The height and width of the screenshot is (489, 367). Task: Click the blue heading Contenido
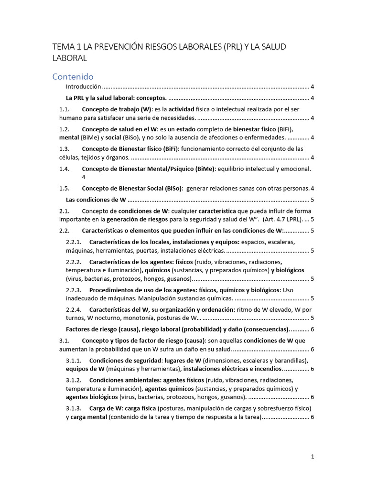click(73, 76)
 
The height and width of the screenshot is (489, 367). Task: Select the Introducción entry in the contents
click(83, 87)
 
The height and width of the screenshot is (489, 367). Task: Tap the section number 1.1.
click(65, 110)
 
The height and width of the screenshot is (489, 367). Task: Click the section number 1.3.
click(65, 149)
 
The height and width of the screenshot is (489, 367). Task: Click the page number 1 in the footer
click(313, 457)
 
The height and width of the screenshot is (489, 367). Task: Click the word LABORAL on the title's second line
click(69, 58)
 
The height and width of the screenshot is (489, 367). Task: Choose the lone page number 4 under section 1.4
click(84, 177)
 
